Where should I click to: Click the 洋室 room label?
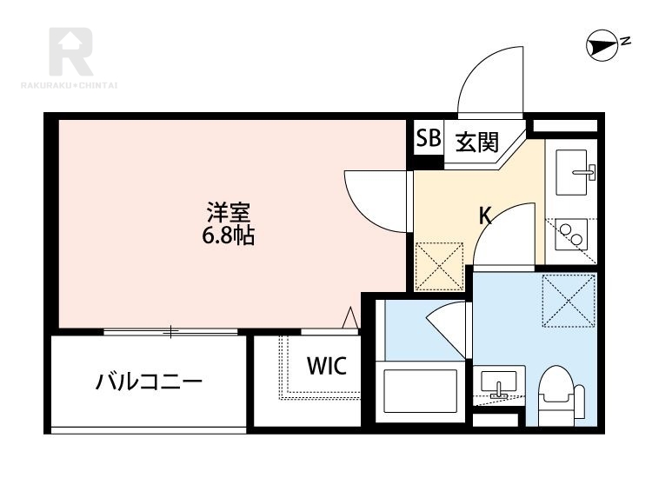(x=230, y=211)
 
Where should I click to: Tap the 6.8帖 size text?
(x=230, y=235)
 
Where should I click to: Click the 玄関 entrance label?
(x=473, y=142)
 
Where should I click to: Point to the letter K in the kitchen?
(x=486, y=216)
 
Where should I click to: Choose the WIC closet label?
(x=326, y=366)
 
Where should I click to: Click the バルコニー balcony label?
(x=149, y=382)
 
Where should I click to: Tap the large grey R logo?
(x=70, y=51)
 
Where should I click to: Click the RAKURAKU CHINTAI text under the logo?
(x=70, y=84)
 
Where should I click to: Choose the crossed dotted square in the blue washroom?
(x=566, y=302)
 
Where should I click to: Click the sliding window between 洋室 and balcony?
(x=170, y=331)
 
